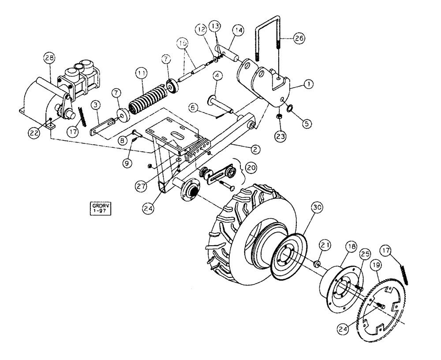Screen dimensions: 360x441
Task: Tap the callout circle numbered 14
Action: point(239,30)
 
